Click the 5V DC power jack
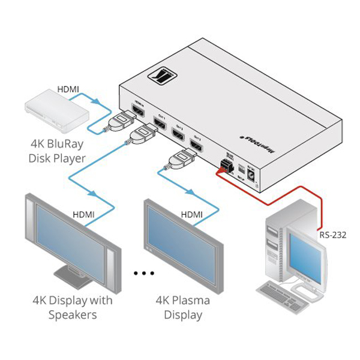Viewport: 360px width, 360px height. coord(252,178)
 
